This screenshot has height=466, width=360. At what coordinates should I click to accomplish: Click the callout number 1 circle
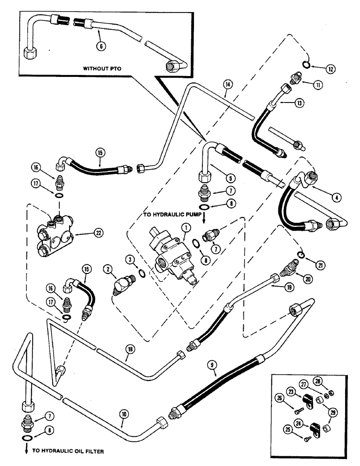click(x=186, y=228)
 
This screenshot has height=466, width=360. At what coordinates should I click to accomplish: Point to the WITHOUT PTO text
click(x=102, y=68)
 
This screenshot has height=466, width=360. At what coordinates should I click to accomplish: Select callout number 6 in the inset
click(x=99, y=46)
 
